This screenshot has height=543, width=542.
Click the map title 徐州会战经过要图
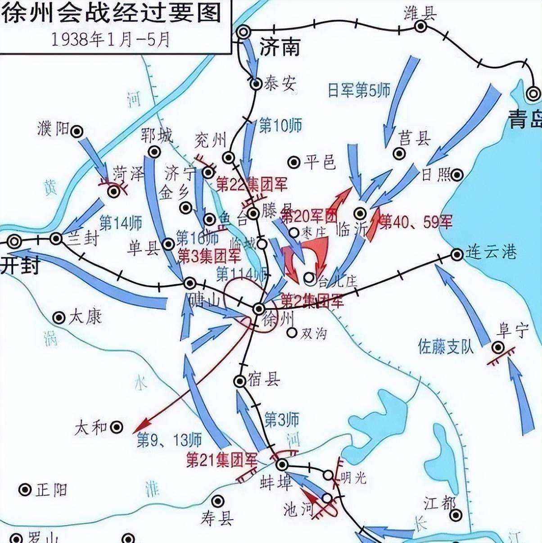point(113,14)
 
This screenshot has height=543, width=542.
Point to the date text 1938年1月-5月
point(110,39)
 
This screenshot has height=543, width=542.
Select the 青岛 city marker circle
point(534,94)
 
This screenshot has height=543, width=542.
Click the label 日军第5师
point(359,90)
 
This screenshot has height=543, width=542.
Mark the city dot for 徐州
point(259,308)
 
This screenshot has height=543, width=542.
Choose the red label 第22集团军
point(252,184)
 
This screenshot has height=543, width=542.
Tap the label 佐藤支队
point(446,347)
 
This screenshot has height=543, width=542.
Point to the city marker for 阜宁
point(498,347)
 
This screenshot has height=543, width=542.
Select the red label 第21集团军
point(221,460)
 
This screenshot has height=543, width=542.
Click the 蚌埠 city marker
point(282,465)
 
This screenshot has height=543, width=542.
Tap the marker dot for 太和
point(117,427)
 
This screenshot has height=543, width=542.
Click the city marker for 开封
point(15,241)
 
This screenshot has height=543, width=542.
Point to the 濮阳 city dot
point(77,131)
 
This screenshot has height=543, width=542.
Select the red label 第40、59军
point(416,221)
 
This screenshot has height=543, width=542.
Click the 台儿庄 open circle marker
point(309,278)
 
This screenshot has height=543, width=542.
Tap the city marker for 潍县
point(421,27)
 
